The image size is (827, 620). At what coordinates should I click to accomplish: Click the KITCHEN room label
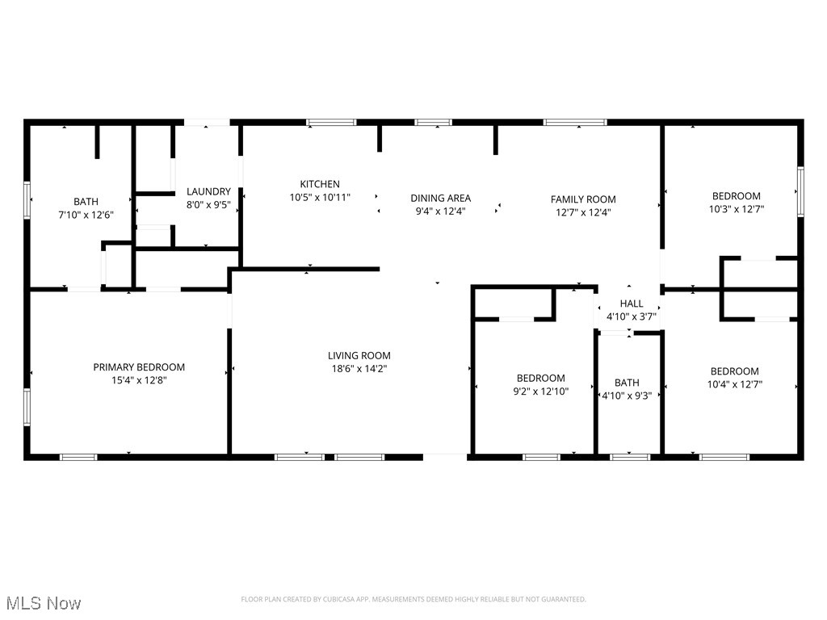[320, 184]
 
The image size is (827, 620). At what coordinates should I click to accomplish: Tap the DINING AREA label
[440, 198]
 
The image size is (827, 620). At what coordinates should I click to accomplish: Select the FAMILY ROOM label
[583, 199]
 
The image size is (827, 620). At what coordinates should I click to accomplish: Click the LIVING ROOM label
[359, 355]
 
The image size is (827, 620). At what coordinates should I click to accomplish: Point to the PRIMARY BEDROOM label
[139, 367]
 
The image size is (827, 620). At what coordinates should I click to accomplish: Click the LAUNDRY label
[208, 191]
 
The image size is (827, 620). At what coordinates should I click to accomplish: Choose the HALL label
[632, 304]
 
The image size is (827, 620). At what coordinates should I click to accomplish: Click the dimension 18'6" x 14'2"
[359, 369]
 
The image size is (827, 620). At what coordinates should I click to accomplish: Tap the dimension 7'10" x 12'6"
[86, 215]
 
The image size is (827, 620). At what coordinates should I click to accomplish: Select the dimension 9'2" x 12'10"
[541, 392]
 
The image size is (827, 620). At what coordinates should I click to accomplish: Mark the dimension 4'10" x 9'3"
[627, 396]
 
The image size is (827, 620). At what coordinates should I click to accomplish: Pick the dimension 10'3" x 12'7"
[736, 209]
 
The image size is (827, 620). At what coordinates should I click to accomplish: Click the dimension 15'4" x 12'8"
[139, 380]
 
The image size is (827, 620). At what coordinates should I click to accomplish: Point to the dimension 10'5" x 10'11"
[320, 197]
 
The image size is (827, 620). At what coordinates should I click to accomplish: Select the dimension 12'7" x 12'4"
[583, 212]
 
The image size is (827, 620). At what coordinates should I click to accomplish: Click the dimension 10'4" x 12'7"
[735, 385]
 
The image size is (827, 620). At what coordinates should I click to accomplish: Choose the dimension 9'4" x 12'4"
[440, 211]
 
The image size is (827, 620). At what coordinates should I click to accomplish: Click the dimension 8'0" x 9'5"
[208, 205]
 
